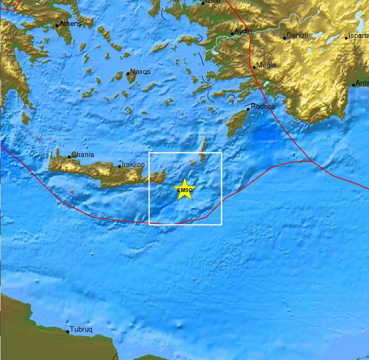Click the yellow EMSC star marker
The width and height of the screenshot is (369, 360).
[185, 190]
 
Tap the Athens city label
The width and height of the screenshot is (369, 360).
[70, 24]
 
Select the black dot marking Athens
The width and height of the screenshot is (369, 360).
[57, 25]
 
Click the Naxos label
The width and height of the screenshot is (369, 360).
[140, 72]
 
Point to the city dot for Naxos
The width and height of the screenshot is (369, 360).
[128, 74]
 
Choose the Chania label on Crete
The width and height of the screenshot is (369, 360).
[82, 155]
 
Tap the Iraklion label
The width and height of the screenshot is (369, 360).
[133, 164]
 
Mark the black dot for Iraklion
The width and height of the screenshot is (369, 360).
[120, 166]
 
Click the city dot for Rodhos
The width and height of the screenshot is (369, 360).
[249, 109]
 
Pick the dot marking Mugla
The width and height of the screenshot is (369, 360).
[254, 68]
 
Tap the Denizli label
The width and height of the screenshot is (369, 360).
[297, 36]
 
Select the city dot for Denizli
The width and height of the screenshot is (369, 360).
[285, 38]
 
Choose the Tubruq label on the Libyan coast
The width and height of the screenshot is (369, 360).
[82, 329]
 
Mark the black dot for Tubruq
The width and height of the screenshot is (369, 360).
[68, 331]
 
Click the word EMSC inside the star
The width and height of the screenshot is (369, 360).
[185, 190]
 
